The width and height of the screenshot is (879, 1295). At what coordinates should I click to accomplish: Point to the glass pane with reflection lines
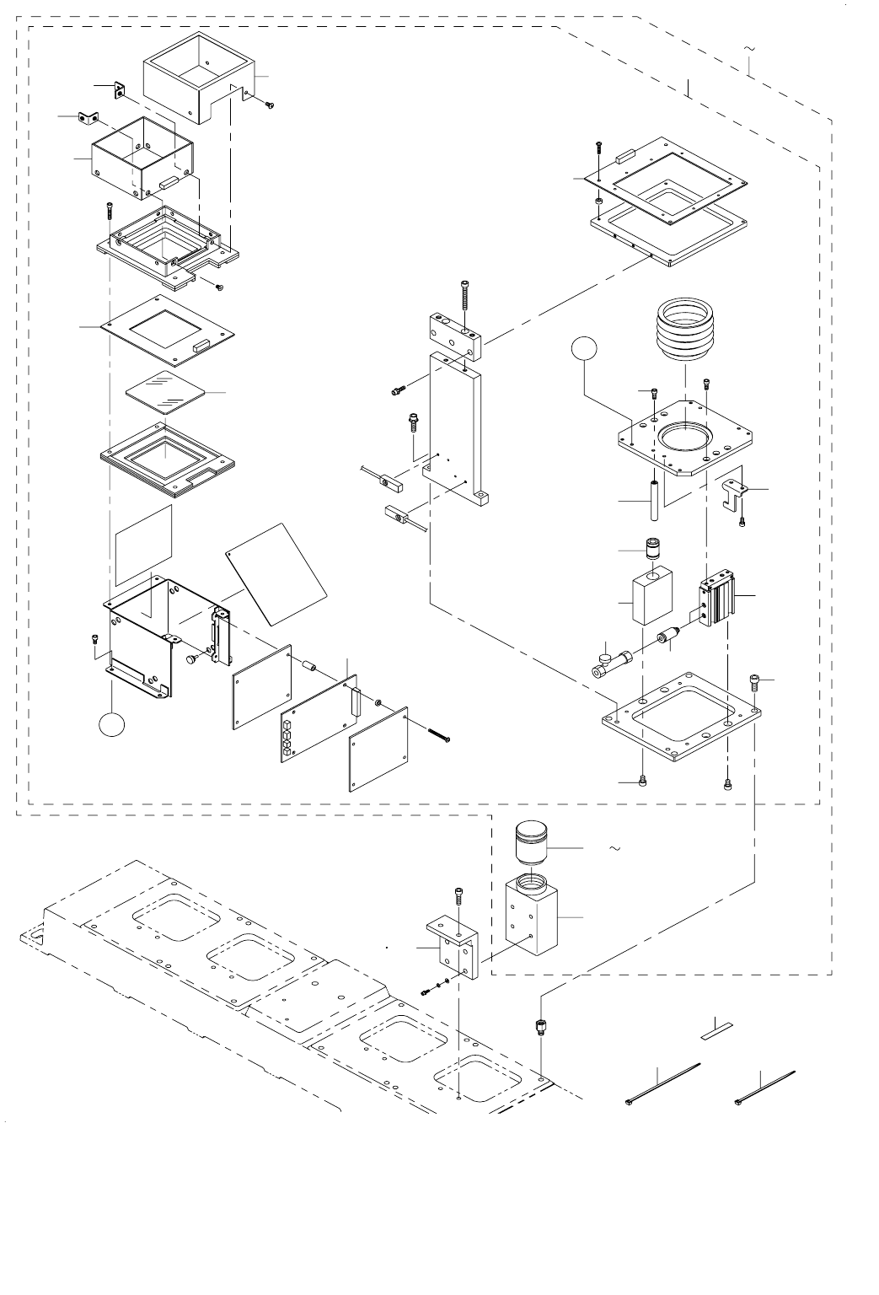166,393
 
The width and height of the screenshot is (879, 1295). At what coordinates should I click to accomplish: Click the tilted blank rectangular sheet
276,572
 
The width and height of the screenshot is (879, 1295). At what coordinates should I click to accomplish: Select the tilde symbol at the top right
749,50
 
